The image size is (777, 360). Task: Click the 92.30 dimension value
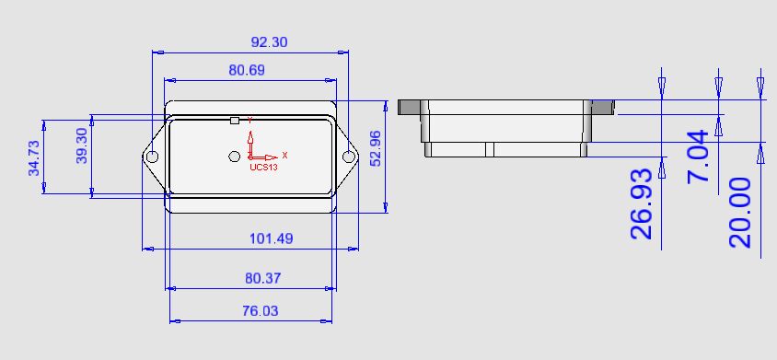tap(269, 42)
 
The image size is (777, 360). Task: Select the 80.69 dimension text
tap(247, 70)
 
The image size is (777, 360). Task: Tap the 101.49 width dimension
tap(271, 238)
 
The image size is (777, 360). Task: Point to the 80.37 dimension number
tap(263, 278)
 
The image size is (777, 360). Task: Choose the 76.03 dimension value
tap(261, 311)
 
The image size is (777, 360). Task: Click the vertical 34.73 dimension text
tap(34, 158)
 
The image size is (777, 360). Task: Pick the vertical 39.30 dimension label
tap(82, 145)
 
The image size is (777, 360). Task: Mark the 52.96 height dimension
tap(376, 147)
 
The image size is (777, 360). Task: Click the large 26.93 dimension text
tap(642, 203)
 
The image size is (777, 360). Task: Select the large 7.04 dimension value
tap(698, 157)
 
